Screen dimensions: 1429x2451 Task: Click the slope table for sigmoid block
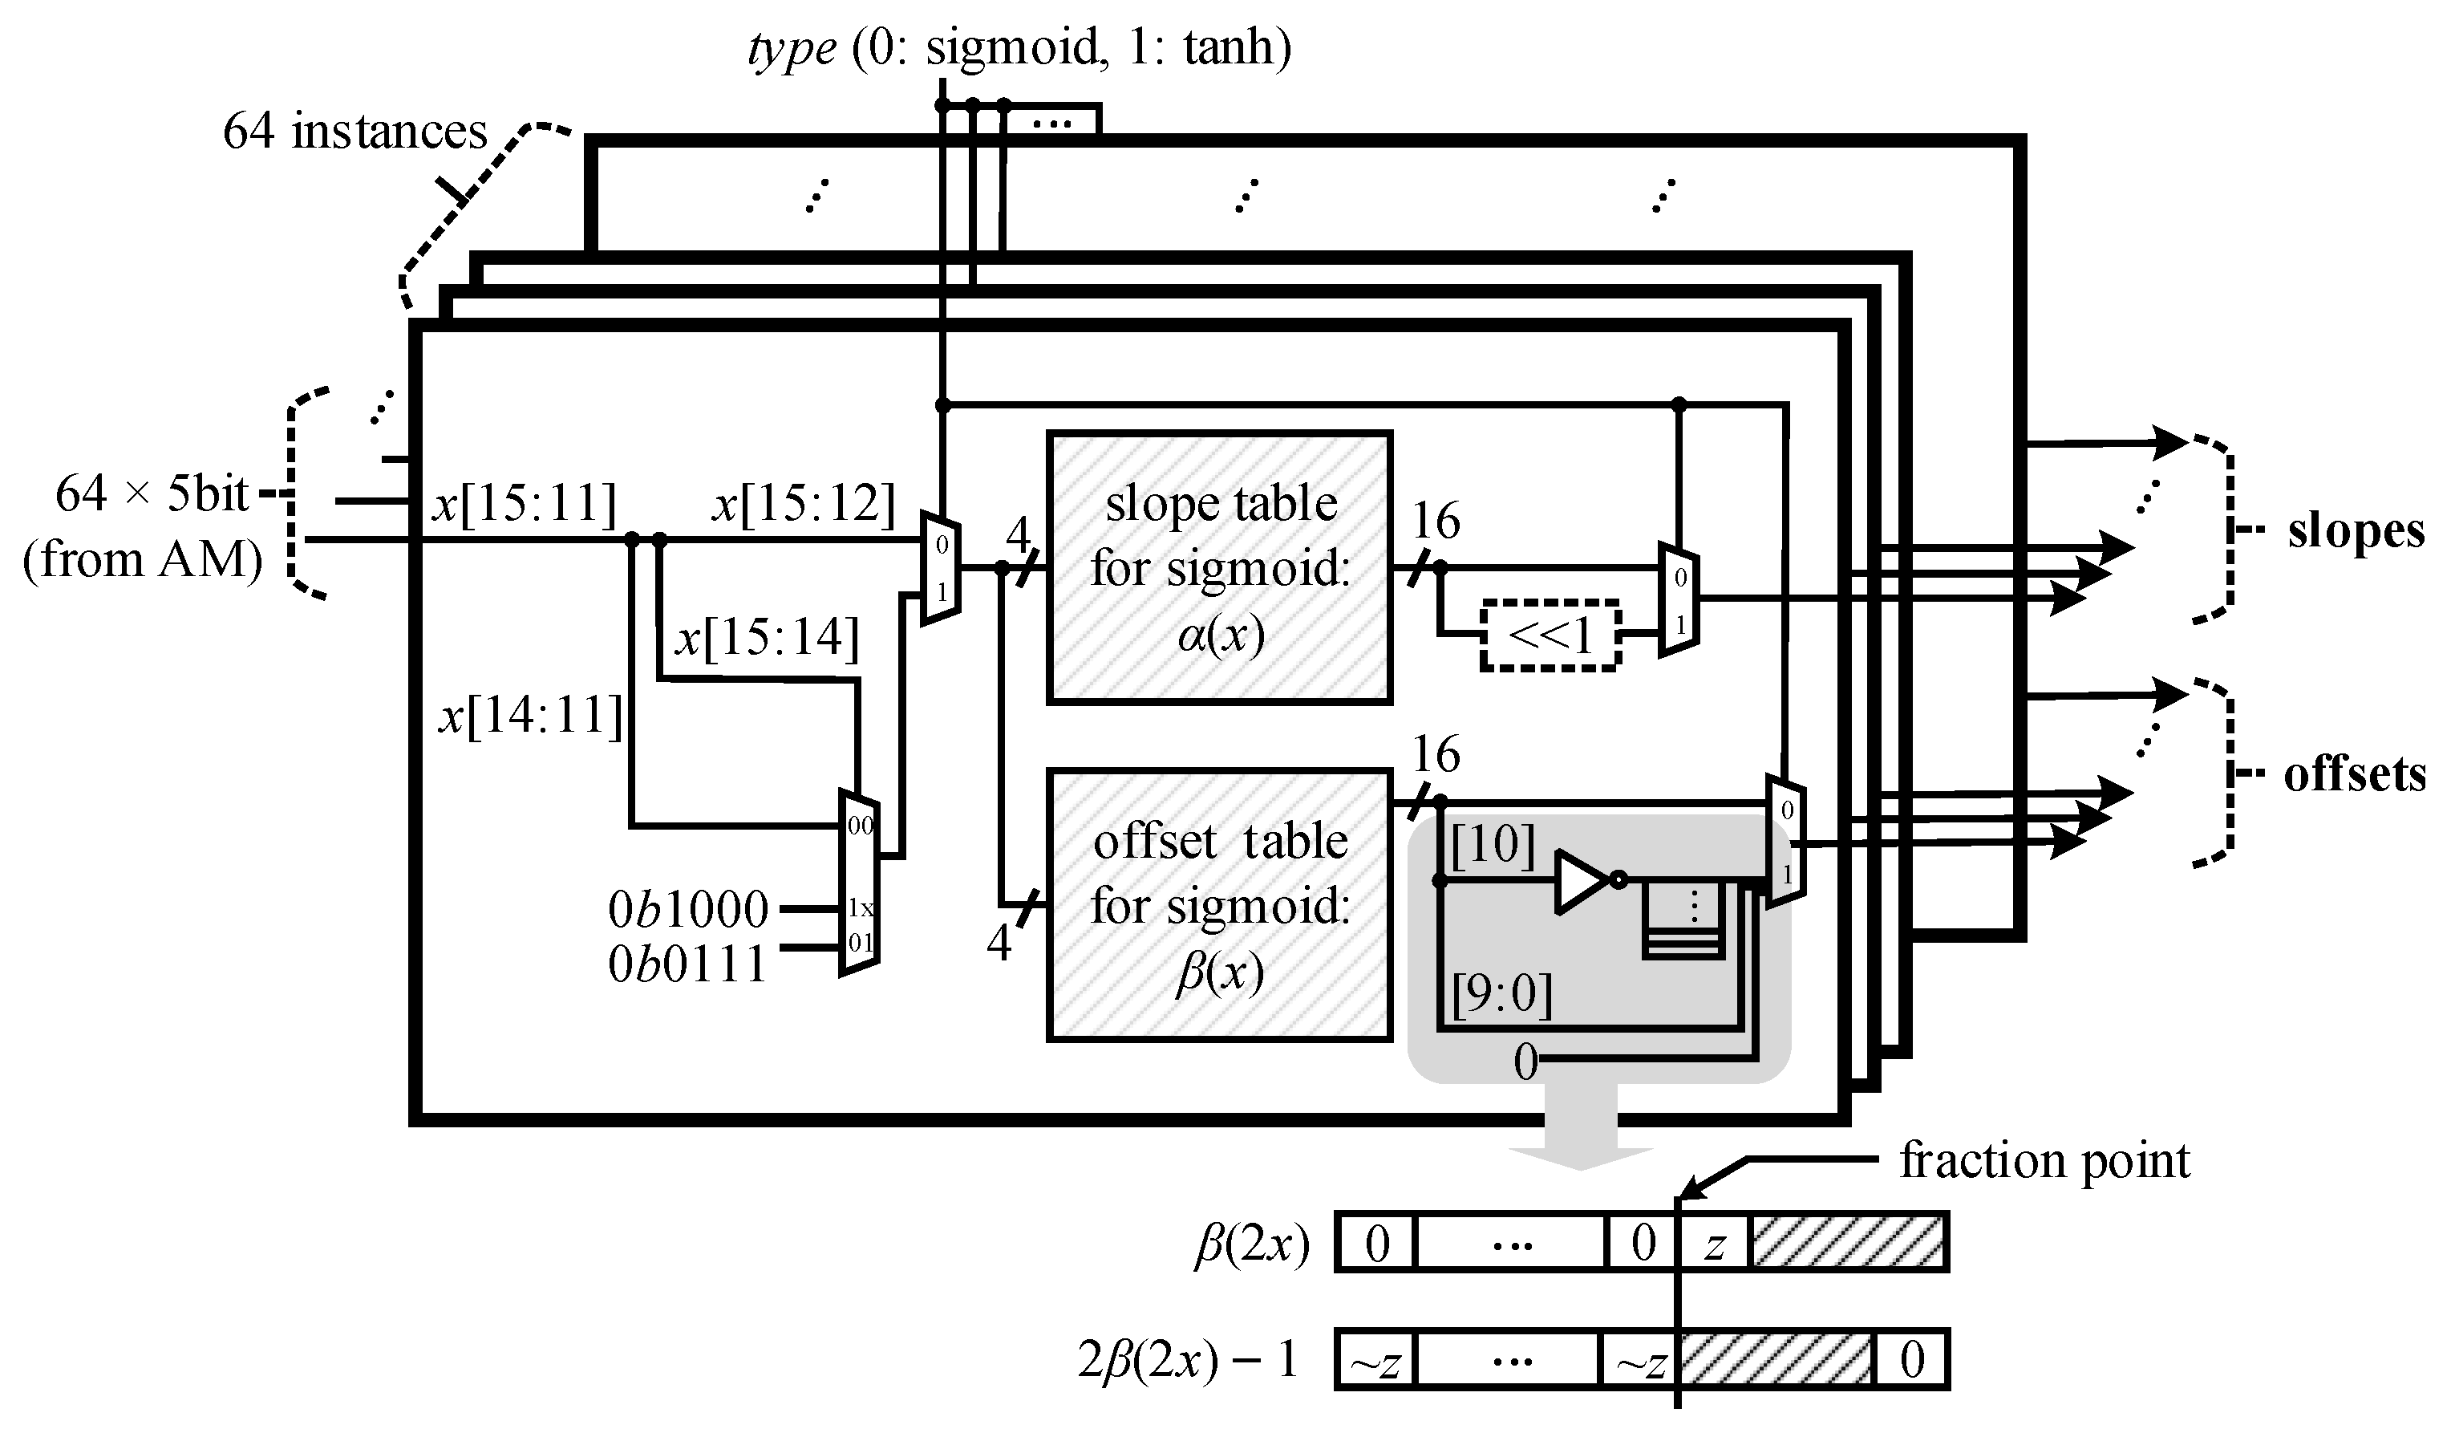[x=1220, y=567]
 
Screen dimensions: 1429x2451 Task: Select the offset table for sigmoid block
[x=1220, y=905]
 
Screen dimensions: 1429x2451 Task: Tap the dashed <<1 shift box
[x=1550, y=635]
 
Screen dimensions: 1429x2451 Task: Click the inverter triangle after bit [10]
[x=1582, y=881]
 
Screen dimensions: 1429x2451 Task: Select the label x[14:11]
[x=530, y=718]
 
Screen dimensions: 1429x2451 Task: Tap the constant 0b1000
[x=687, y=910]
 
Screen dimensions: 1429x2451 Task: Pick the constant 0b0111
[x=687, y=965]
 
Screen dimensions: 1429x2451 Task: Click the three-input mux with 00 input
[x=859, y=883]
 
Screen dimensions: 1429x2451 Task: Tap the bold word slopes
[x=2355, y=532]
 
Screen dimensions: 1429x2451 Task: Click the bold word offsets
[x=2355, y=775]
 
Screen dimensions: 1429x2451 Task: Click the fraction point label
[x=2044, y=1160]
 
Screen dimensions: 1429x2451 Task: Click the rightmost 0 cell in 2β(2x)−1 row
[x=1911, y=1360]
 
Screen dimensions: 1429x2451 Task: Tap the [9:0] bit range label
[x=1501, y=995]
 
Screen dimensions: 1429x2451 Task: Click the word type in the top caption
[x=792, y=47]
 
